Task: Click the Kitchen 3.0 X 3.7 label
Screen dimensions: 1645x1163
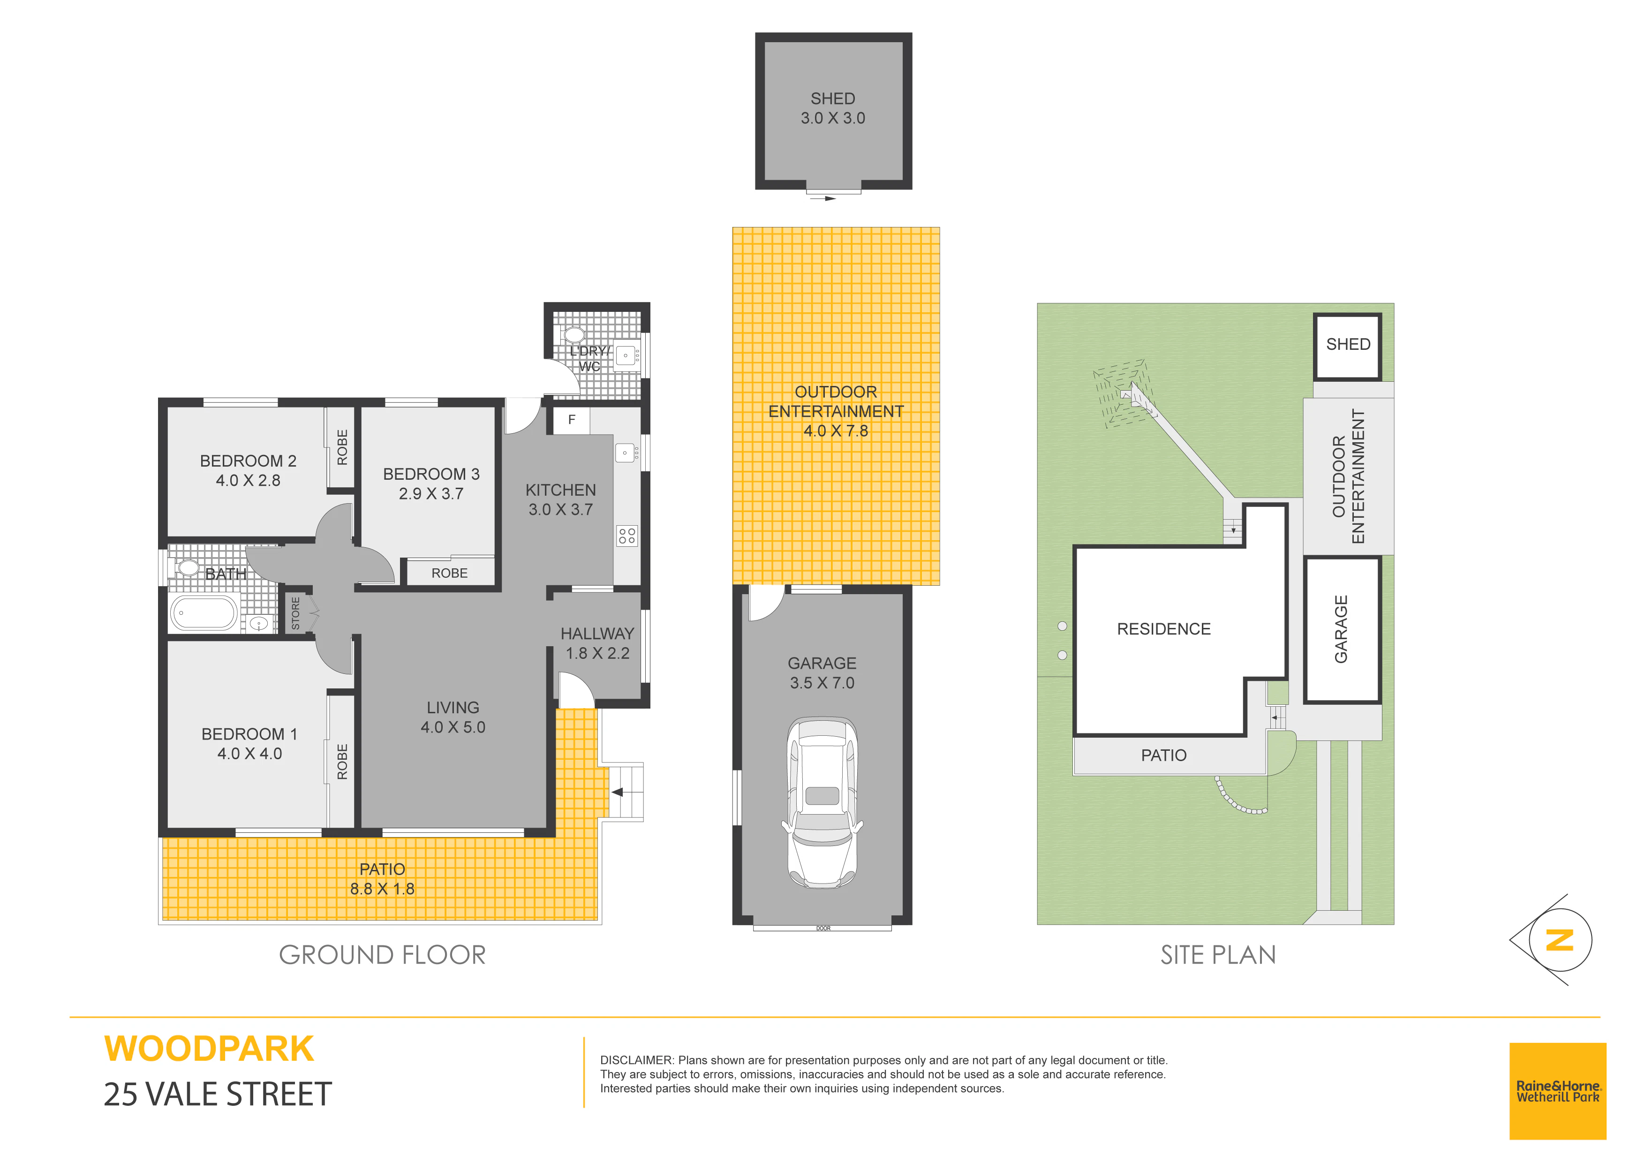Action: tap(560, 499)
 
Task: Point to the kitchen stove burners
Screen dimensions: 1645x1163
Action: tap(627, 535)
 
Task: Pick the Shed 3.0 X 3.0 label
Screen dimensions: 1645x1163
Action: tap(832, 108)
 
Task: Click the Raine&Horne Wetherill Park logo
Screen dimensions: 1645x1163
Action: tap(1558, 1091)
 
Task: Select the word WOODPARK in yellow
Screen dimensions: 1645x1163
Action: tap(209, 1049)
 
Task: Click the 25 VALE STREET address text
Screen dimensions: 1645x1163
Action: tap(218, 1094)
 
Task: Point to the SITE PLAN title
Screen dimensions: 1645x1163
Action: tap(1218, 954)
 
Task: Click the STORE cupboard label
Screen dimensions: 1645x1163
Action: tap(295, 613)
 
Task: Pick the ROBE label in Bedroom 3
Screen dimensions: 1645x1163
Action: tap(449, 573)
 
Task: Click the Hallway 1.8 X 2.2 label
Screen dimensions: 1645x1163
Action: tap(597, 643)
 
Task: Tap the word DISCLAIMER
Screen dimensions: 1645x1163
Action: tap(637, 1060)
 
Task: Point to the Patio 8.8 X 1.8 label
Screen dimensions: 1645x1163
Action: tap(382, 878)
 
